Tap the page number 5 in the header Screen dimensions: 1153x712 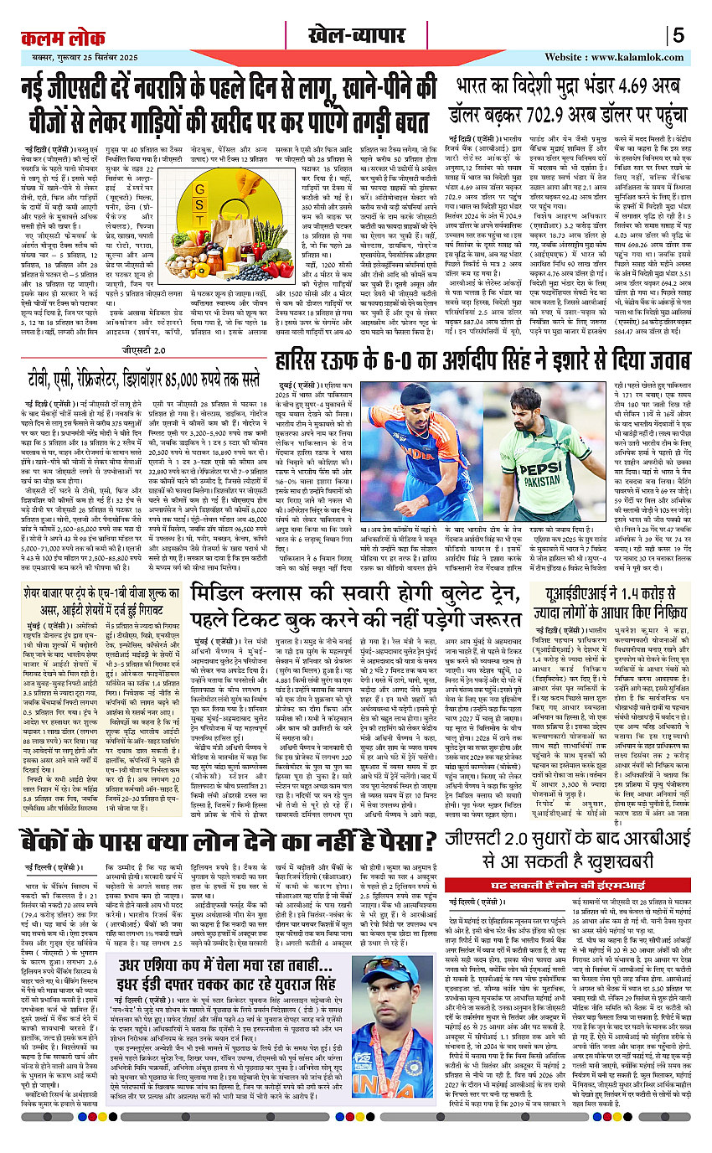[678, 35]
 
